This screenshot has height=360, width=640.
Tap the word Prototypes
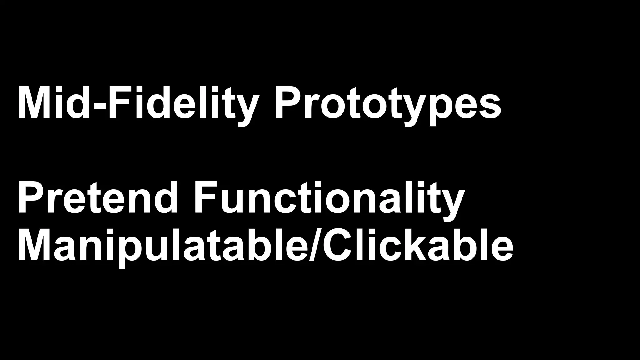point(387,103)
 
